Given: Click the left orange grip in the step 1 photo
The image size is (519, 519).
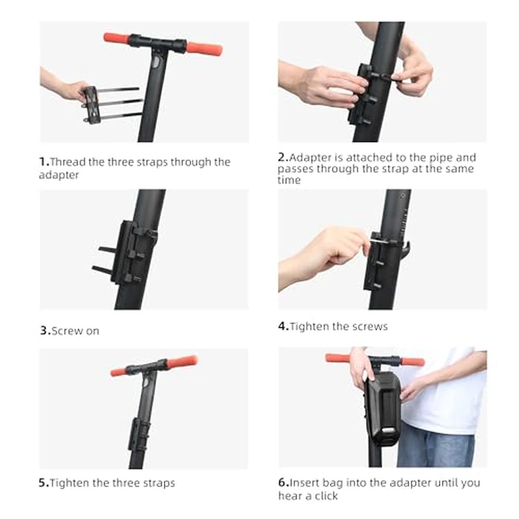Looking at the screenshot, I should coord(116,37).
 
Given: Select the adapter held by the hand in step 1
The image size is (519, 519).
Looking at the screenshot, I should coord(90,103).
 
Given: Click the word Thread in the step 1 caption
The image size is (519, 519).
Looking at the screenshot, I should coord(66,162).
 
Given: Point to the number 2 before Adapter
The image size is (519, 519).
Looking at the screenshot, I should coord(282,158).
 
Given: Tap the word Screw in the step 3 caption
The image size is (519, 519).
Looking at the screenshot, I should coord(65,331).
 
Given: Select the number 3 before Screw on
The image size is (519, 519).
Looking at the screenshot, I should coord(43,331).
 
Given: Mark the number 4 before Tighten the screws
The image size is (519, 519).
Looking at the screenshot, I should coord(282,326).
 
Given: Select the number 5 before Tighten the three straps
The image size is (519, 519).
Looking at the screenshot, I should coord(43,483).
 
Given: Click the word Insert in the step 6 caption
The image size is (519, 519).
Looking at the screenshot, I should coord(304,482).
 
